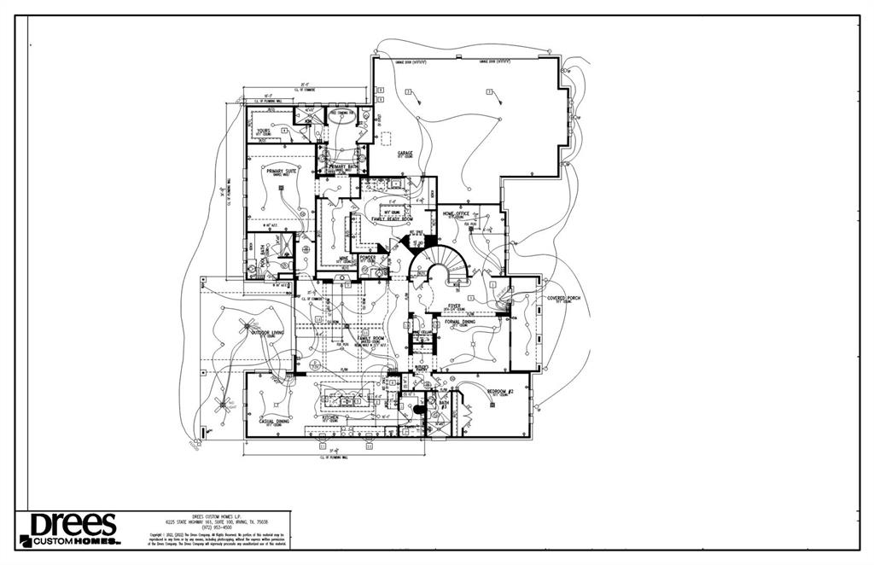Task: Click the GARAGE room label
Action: [x=405, y=153]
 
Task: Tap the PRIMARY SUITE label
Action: [x=280, y=171]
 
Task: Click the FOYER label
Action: [x=454, y=305]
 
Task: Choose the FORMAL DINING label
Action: [x=460, y=321]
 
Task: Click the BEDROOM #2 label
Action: [x=502, y=390]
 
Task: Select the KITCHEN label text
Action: [x=329, y=417]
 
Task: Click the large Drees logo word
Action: [x=73, y=523]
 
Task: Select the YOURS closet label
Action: [x=264, y=131]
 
